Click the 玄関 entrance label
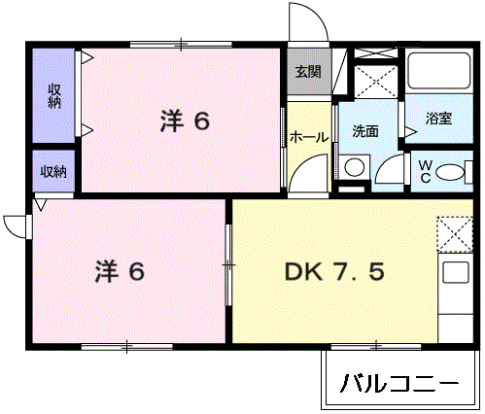pos(308,71)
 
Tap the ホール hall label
pos(309,138)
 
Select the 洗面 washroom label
pos(365,131)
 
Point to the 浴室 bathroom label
pos(439,120)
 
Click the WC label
pos(425,171)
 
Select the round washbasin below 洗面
pos(355,167)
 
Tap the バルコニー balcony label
pos(398,382)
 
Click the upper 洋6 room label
pos(185,121)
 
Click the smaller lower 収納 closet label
pos(53,172)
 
